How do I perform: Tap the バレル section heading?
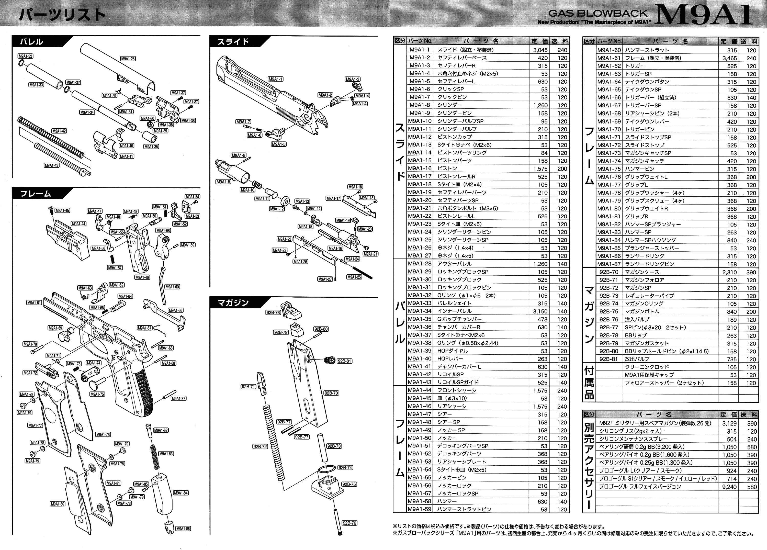click(x=31, y=42)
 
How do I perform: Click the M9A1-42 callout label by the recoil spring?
click(x=59, y=131)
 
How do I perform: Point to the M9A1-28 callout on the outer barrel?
click(x=128, y=59)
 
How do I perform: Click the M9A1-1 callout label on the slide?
click(x=276, y=79)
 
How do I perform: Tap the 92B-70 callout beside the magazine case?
click(x=331, y=393)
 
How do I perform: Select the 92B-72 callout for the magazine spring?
click(x=260, y=446)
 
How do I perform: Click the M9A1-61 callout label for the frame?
click(x=34, y=303)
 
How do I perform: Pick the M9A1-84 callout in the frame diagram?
click(x=181, y=493)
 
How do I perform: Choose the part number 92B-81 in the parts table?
click(x=609, y=359)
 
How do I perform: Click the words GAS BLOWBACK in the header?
click(x=597, y=14)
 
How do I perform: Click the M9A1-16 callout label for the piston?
click(x=335, y=248)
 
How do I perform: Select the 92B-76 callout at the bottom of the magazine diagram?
click(x=349, y=523)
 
